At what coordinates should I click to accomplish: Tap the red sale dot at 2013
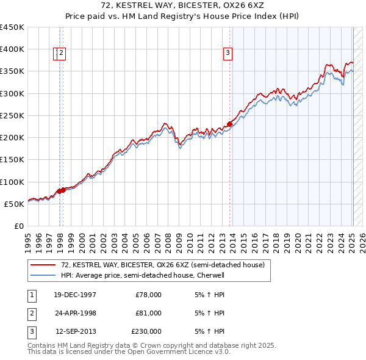[229, 124]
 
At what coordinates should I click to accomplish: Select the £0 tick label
[18, 226]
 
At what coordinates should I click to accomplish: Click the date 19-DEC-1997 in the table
[75, 295]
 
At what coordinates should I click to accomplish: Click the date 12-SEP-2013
[76, 331]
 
